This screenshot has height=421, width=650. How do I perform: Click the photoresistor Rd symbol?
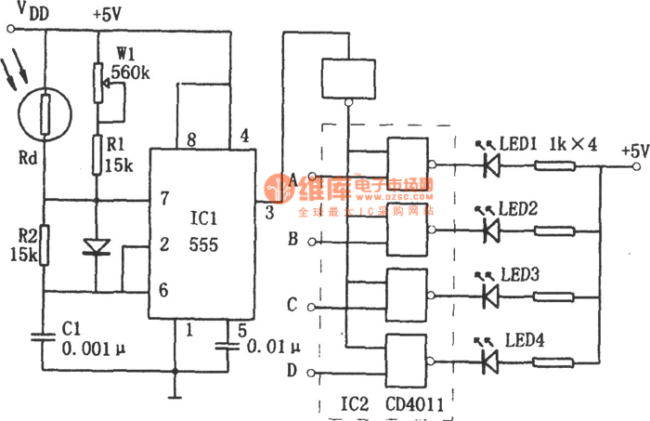pyautogui.click(x=42, y=114)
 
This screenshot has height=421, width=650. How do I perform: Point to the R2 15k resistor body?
pyautogui.click(x=42, y=244)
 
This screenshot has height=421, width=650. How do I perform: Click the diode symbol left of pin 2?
pyautogui.click(x=97, y=246)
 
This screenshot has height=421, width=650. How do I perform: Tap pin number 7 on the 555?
pyautogui.click(x=163, y=199)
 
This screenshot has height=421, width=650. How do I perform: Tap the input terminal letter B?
pyautogui.click(x=293, y=238)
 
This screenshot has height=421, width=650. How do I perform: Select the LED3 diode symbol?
pyautogui.click(x=489, y=296)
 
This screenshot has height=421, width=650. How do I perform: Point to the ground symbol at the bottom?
pyautogui.click(x=173, y=378)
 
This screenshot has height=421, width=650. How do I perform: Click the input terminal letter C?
pyautogui.click(x=293, y=305)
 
